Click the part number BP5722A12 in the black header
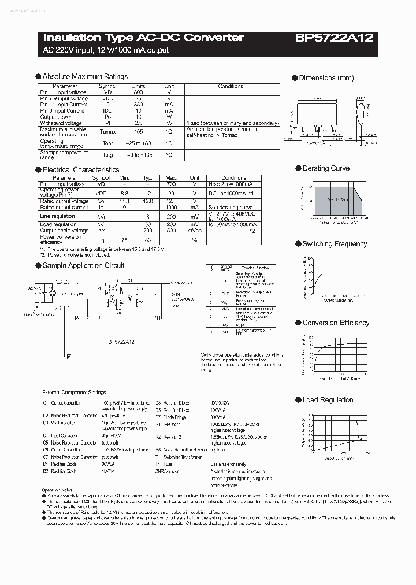pos(335,38)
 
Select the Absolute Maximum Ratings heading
pos(85,76)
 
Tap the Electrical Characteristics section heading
pos(81,170)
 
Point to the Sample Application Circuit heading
pos(83,265)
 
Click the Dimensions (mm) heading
pos(326,78)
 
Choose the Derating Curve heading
pos(326,168)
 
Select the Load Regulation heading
pos(328,399)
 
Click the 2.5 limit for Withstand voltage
pos(138,123)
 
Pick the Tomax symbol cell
pos(108,131)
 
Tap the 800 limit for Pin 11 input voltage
pos(138,92)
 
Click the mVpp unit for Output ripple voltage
pos(195,231)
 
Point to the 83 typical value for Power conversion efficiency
pos(147,240)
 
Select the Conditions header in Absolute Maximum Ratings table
pos(230,86)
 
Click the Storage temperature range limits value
pos(138,155)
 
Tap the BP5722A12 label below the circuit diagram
pos(121,342)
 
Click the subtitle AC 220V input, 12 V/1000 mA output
pos(106,50)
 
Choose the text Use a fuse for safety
pos(228,464)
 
